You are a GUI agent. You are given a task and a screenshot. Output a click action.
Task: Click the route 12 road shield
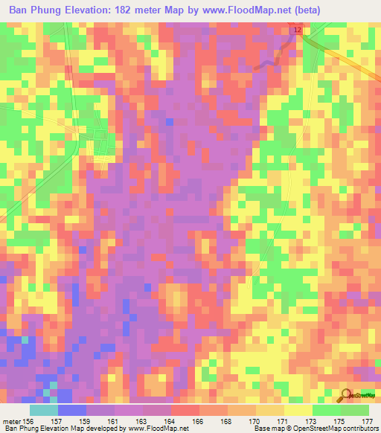pos(297,29)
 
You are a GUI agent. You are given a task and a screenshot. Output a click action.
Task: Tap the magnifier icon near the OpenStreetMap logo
pos(348,394)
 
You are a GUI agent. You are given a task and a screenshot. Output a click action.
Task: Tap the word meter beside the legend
pos(11,421)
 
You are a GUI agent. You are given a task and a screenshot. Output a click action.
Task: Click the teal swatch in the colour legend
pos(44,410)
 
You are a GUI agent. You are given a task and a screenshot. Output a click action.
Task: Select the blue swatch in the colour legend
pos(72,410)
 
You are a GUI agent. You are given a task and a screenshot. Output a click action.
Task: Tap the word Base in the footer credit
pos(262,429)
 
